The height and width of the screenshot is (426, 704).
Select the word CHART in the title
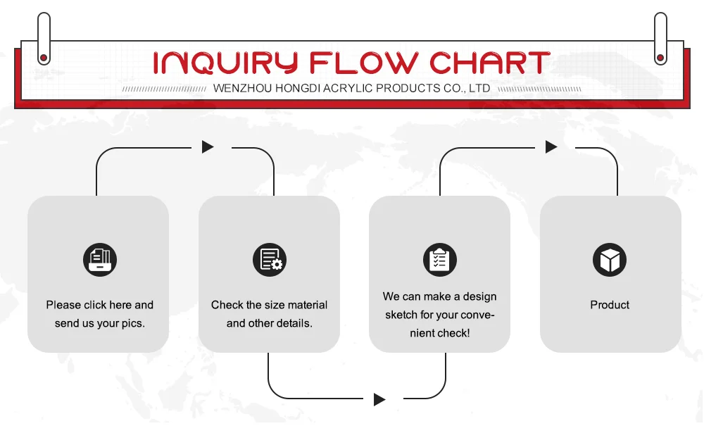(x=489, y=63)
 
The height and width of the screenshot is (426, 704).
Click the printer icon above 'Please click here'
(x=99, y=260)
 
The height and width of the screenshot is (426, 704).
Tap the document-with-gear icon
(x=270, y=260)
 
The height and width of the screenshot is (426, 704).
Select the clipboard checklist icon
(x=439, y=260)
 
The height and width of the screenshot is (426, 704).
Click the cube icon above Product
(x=610, y=260)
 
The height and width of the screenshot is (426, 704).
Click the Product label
(x=610, y=305)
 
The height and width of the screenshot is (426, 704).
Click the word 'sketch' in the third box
(x=401, y=315)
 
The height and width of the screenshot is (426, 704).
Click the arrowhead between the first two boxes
(x=207, y=147)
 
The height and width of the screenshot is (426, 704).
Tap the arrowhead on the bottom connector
(x=379, y=400)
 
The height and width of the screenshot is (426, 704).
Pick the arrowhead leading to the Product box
(x=551, y=147)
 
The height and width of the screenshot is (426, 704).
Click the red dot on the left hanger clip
(x=44, y=58)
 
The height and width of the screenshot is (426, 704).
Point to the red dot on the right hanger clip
(x=660, y=58)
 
